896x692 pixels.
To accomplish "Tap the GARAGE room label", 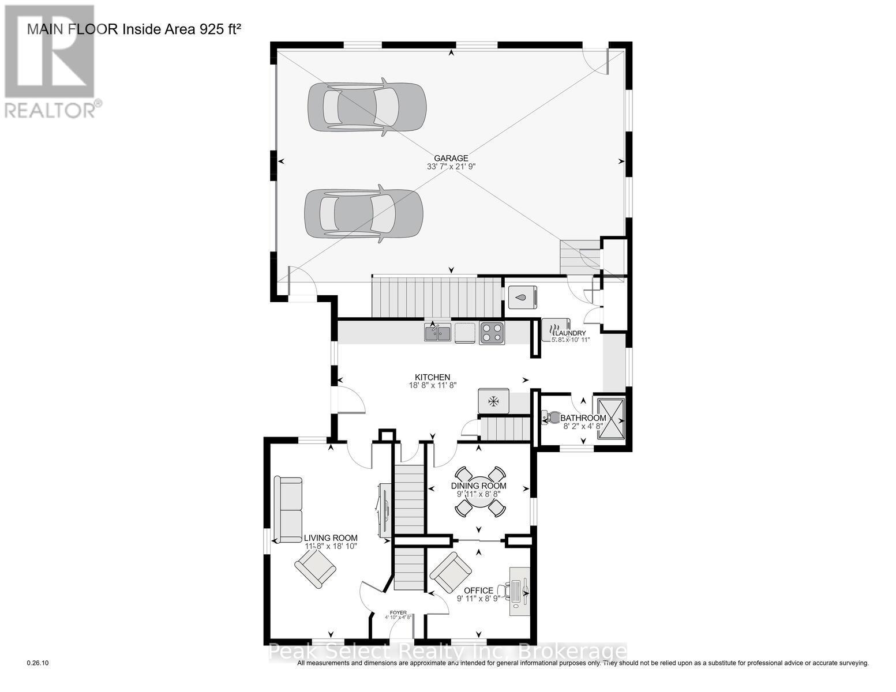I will click(451, 158).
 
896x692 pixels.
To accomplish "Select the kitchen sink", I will click(438, 333).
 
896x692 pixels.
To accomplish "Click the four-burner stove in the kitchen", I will click(492, 333).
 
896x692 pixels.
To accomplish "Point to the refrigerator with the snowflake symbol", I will click(493, 401).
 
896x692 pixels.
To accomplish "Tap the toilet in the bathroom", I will click(552, 418).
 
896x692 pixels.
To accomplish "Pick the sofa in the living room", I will click(288, 509).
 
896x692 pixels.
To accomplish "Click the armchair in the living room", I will click(316, 567).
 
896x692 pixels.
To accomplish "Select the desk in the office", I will click(519, 591).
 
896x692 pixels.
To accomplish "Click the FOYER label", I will click(398, 612).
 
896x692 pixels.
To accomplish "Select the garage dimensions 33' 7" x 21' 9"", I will click(451, 167).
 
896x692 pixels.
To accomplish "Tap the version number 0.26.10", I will click(39, 663).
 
